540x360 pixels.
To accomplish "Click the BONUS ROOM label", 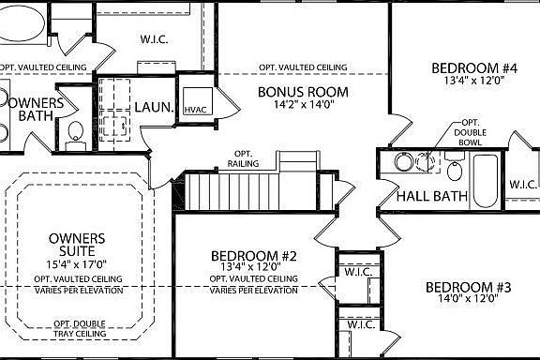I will [303, 92].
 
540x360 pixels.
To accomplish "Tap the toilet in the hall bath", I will [454, 170].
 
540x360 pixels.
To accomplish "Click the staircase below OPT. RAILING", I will [225, 192].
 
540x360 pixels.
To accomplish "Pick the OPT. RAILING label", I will [241, 157].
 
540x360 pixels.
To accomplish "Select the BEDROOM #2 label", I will [254, 256].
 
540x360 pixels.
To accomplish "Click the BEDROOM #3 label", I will [467, 287].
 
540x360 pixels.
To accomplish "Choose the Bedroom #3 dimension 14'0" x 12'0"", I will [467, 301].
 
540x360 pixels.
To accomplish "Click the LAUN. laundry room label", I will [154, 108].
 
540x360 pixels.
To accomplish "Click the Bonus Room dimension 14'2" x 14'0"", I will [303, 106].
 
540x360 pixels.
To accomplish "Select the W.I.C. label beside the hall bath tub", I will [521, 184].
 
